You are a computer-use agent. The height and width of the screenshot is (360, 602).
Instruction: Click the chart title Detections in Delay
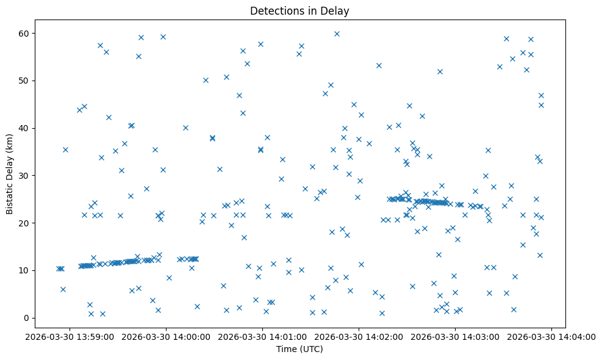pyautogui.click(x=299, y=10)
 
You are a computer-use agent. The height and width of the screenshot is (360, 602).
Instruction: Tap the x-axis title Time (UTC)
pyautogui.click(x=299, y=350)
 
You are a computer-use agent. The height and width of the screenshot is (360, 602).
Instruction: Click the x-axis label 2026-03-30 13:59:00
pyautogui.click(x=68, y=336)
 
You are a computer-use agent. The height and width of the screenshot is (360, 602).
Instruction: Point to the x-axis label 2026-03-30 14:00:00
pyautogui.click(x=165, y=336)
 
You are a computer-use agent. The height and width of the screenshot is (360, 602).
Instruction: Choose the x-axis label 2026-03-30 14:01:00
pyautogui.click(x=262, y=336)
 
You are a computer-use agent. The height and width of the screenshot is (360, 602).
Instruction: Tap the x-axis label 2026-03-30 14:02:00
pyautogui.click(x=359, y=336)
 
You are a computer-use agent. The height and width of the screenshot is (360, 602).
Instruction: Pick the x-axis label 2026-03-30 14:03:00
pyautogui.click(x=456, y=336)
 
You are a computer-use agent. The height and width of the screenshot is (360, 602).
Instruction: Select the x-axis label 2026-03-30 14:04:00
pyautogui.click(x=553, y=336)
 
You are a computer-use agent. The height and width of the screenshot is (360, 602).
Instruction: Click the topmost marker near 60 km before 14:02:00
pyautogui.click(x=337, y=34)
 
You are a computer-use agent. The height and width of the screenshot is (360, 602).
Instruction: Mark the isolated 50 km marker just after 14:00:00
pyautogui.click(x=206, y=80)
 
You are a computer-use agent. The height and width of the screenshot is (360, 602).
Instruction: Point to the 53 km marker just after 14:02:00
pyautogui.click(x=379, y=65)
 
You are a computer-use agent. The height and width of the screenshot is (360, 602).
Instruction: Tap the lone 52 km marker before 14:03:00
pyautogui.click(x=440, y=71)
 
